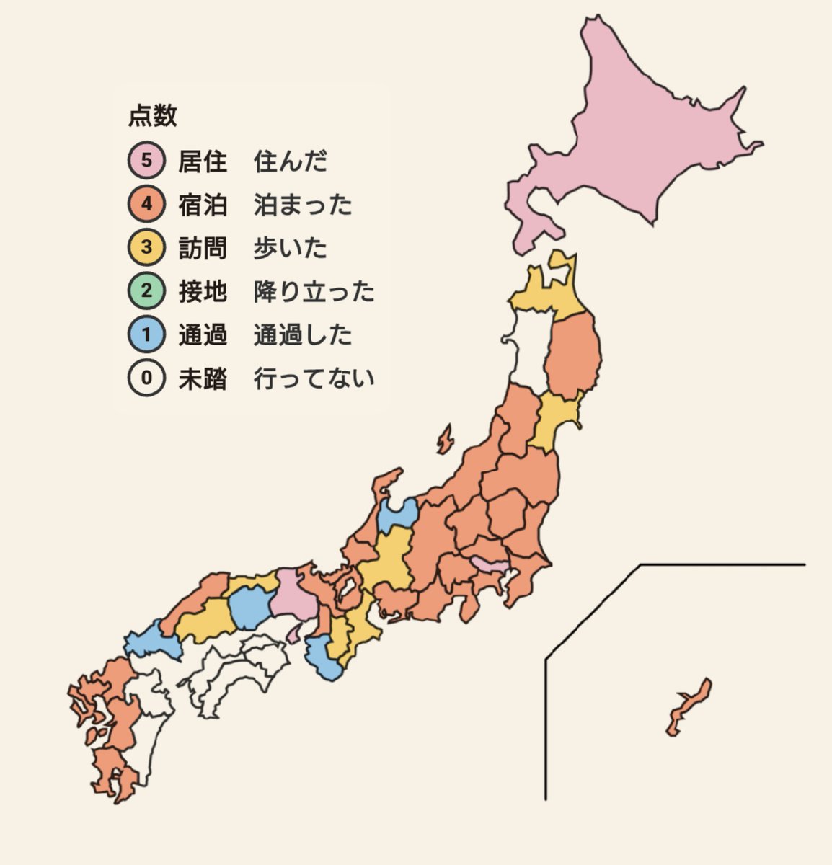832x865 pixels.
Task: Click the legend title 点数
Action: point(153,116)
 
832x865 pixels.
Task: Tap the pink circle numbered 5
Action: point(146,161)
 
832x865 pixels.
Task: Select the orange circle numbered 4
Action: point(146,204)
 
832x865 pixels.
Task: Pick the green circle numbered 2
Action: point(146,291)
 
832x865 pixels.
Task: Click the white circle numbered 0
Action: point(146,378)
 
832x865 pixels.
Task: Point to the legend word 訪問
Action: point(203,248)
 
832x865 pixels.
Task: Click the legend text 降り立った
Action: point(314,291)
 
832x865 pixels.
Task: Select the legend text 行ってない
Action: point(314,378)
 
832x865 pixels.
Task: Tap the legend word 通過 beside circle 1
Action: point(203,335)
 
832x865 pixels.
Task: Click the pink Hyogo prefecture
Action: point(294,595)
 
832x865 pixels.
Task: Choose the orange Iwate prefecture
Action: point(573,357)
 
